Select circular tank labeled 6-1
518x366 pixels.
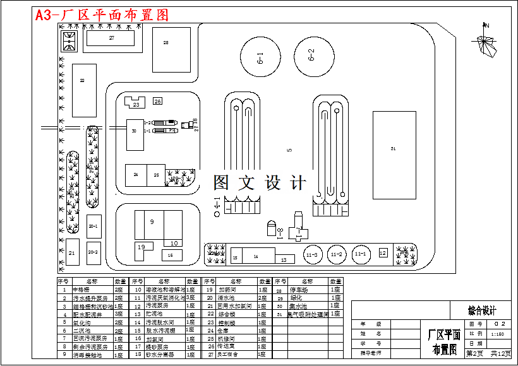259,59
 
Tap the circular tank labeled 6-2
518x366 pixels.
311,55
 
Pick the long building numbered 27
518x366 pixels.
112,38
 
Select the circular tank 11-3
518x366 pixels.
311,254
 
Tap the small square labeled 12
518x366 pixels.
383,252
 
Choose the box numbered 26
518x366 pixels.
157,101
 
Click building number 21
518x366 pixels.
72,252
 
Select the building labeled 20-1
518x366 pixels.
93,226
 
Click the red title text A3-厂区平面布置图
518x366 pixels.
102,16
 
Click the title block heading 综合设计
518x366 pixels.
482,310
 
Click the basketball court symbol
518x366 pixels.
68,42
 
